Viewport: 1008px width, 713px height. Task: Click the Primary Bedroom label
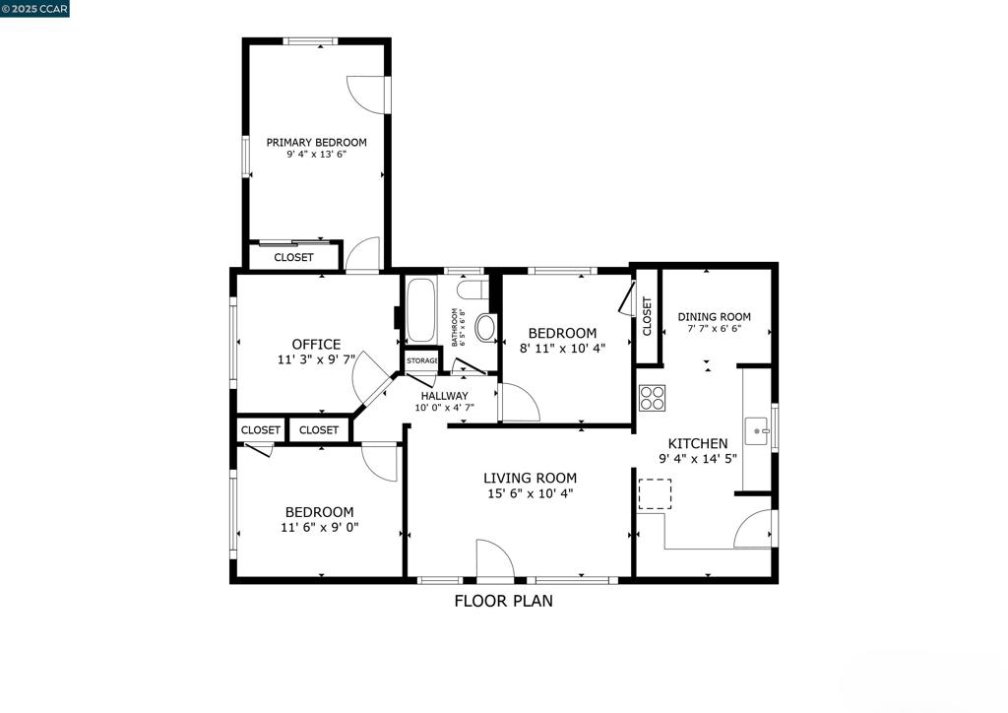[316, 143]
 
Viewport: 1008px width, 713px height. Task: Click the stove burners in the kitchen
[652, 398]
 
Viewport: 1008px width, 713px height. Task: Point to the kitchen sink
[758, 429]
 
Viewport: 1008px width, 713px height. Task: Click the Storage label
[422, 360]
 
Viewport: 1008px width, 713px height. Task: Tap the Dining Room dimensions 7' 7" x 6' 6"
[714, 329]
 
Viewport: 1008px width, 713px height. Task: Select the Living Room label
[530, 479]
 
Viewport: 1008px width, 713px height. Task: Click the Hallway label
[444, 396]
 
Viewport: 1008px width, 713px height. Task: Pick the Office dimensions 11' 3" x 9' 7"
[316, 360]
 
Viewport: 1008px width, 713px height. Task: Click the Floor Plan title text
[503, 601]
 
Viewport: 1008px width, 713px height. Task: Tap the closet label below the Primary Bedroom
[293, 258]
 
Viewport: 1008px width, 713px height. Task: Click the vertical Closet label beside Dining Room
[647, 317]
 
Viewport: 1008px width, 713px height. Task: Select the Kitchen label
[698, 444]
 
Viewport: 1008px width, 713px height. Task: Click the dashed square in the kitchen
[656, 493]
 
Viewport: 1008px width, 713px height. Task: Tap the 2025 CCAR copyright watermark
[34, 9]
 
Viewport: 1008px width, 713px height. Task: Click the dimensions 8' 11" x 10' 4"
[562, 348]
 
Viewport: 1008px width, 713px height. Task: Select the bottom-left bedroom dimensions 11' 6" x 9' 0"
[319, 527]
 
